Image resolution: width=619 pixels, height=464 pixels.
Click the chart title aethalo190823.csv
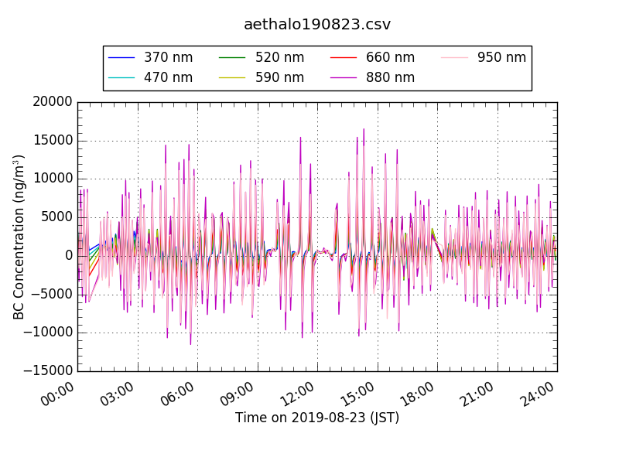pos(317,24)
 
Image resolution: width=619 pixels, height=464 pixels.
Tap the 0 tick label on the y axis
pos(68,256)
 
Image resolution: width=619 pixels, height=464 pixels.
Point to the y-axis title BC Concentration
pos(19,237)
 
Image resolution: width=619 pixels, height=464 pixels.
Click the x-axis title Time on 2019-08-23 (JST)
pos(317,418)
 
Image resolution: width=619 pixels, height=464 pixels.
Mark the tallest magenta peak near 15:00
pos(364,129)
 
